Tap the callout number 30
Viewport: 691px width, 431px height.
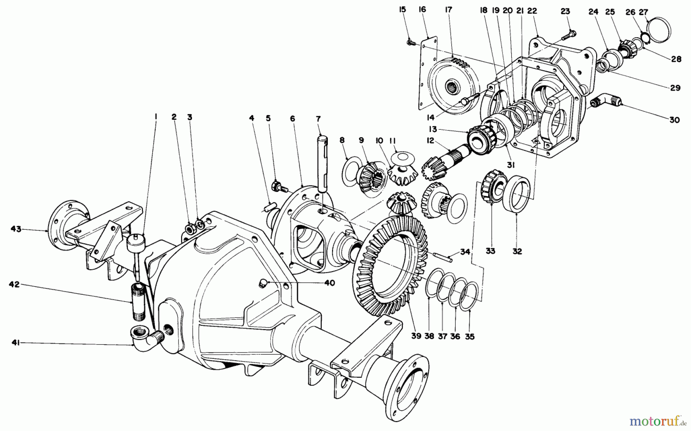tap(674, 120)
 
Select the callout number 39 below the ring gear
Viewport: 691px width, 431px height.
tap(417, 336)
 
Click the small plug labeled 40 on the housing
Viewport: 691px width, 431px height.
tap(263, 283)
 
